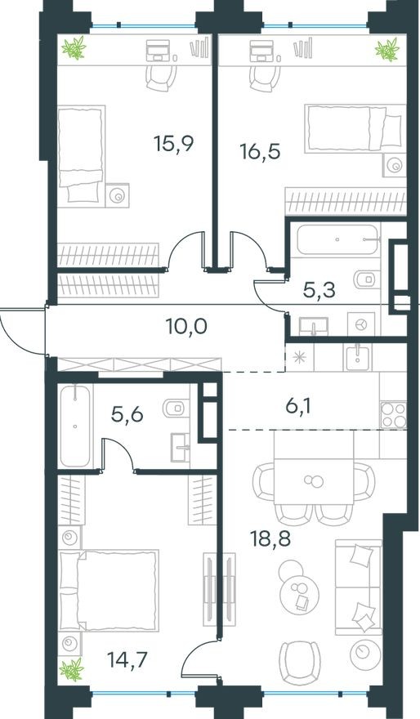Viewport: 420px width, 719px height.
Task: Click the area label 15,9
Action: tap(173, 145)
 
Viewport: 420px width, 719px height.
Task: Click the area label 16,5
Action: tap(260, 153)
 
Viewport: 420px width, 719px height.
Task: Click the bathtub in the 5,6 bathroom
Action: tap(75, 426)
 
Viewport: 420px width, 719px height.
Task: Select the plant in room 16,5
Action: tap(385, 51)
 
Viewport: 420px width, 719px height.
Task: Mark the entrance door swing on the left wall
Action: tap(20, 331)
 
